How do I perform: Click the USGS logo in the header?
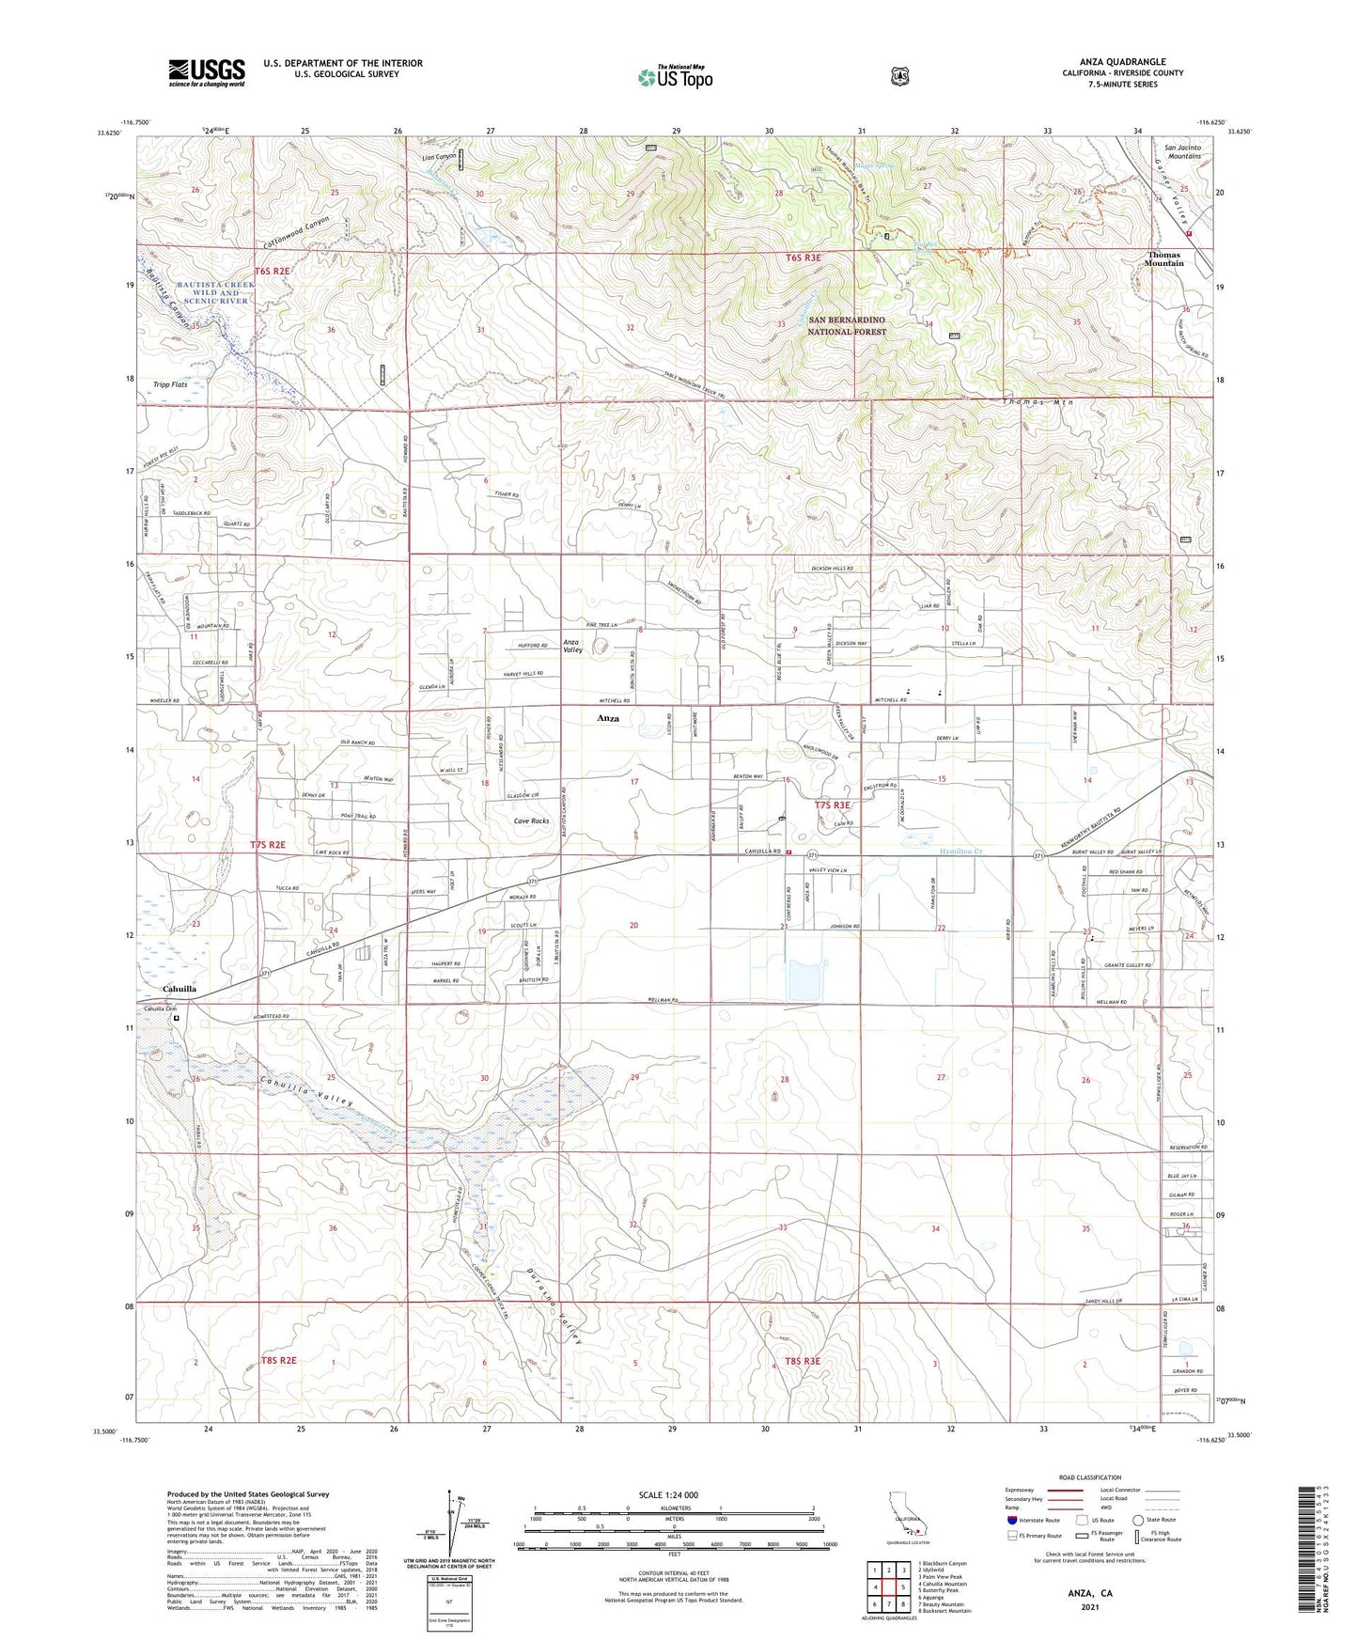pyautogui.click(x=206, y=72)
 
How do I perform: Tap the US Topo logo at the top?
pyautogui.click(x=675, y=77)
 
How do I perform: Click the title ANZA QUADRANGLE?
pyautogui.click(x=1122, y=62)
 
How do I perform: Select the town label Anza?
pyautogui.click(x=608, y=718)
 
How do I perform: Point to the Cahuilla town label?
pyautogui.click(x=180, y=989)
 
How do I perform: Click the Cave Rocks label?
pyautogui.click(x=531, y=820)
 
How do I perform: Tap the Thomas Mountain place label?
pyautogui.click(x=1163, y=258)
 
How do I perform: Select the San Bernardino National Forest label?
pyautogui.click(x=847, y=325)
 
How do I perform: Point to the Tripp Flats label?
pyautogui.click(x=170, y=384)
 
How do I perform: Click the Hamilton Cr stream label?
pyautogui.click(x=960, y=852)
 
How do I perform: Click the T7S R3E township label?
pyautogui.click(x=831, y=805)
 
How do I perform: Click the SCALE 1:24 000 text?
pyautogui.click(x=668, y=1494)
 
